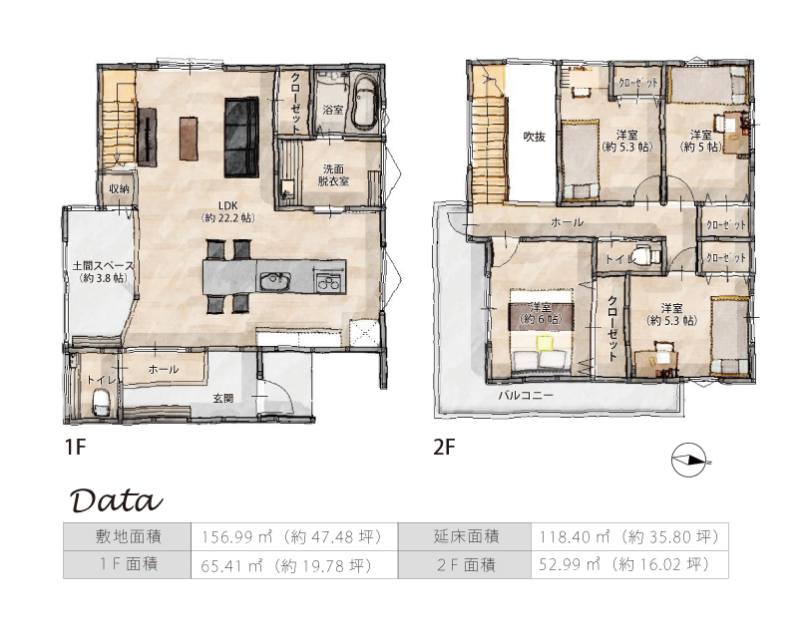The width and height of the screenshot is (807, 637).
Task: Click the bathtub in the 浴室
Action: pyautogui.click(x=365, y=103)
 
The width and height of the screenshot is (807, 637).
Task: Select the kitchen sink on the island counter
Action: pyautogui.click(x=275, y=281)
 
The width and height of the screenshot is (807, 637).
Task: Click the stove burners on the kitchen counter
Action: pyautogui.click(x=328, y=281)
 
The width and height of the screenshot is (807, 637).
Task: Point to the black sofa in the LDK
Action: pyautogui.click(x=240, y=138)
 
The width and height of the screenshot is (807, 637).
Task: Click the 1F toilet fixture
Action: pyautogui.click(x=102, y=402)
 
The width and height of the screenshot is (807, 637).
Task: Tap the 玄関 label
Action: pyautogui.click(x=223, y=398)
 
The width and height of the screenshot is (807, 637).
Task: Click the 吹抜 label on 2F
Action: pyautogui.click(x=535, y=137)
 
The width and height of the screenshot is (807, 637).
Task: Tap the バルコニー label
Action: pyautogui.click(x=526, y=396)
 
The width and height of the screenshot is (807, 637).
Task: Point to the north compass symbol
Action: pyautogui.click(x=688, y=460)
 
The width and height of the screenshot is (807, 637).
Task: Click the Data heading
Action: pyautogui.click(x=117, y=499)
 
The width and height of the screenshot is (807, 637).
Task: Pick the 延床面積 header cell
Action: pyautogui.click(x=465, y=537)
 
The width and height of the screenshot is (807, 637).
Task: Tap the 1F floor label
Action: pyautogui.click(x=75, y=447)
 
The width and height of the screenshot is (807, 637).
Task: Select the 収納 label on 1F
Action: pyautogui.click(x=119, y=189)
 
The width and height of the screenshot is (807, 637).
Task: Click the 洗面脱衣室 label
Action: pyautogui.click(x=333, y=174)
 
